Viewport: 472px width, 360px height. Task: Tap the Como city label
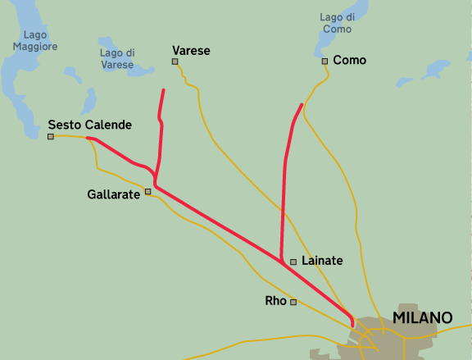(x=350, y=61)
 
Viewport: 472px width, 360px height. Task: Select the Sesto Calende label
(x=89, y=125)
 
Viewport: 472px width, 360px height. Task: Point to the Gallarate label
(x=114, y=194)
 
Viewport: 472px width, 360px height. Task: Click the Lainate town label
(x=322, y=261)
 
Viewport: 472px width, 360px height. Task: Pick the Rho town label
(x=276, y=301)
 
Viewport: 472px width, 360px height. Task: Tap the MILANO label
(x=422, y=317)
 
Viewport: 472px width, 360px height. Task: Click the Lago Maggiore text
(x=35, y=41)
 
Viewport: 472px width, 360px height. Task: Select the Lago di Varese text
(x=117, y=59)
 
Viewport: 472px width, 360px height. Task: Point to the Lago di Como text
(x=337, y=23)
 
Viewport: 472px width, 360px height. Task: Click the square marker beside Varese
(x=175, y=62)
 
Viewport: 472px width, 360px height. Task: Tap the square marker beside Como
(x=324, y=62)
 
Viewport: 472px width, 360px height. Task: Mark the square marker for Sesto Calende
(x=51, y=137)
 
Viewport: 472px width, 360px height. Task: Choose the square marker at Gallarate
(x=148, y=192)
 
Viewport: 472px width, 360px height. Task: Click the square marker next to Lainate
(x=293, y=262)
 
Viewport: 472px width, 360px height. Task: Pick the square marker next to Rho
(x=293, y=302)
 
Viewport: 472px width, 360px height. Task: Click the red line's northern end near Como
(x=302, y=105)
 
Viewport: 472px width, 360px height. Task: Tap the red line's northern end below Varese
(x=164, y=90)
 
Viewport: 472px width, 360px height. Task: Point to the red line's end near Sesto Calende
(x=88, y=139)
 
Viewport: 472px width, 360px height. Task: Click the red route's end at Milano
(x=353, y=326)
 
